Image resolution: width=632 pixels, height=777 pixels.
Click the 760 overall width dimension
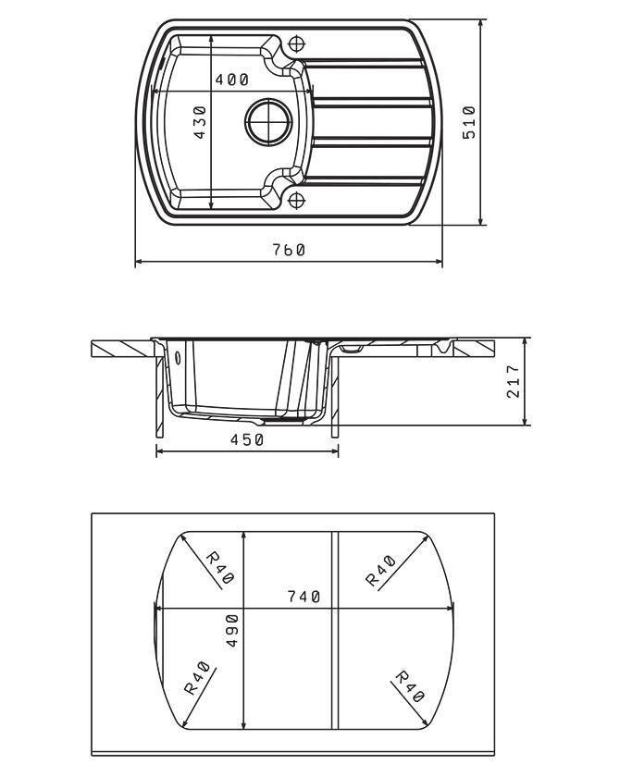pos(289,250)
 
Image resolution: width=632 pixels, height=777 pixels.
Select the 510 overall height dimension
pos(469,122)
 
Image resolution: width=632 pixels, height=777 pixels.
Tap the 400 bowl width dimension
pos(231,80)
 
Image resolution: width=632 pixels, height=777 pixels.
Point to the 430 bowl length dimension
pos(199,122)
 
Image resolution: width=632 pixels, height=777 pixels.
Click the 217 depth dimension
pos(514,381)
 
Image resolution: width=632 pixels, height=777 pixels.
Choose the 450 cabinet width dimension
pos(247,439)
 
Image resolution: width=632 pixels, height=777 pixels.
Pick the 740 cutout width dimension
pos(304,597)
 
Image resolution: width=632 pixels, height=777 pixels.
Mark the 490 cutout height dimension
pos(231,631)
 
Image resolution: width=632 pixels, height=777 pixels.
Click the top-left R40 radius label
pos(219,568)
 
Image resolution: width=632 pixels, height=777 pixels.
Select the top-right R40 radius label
pos(380,571)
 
